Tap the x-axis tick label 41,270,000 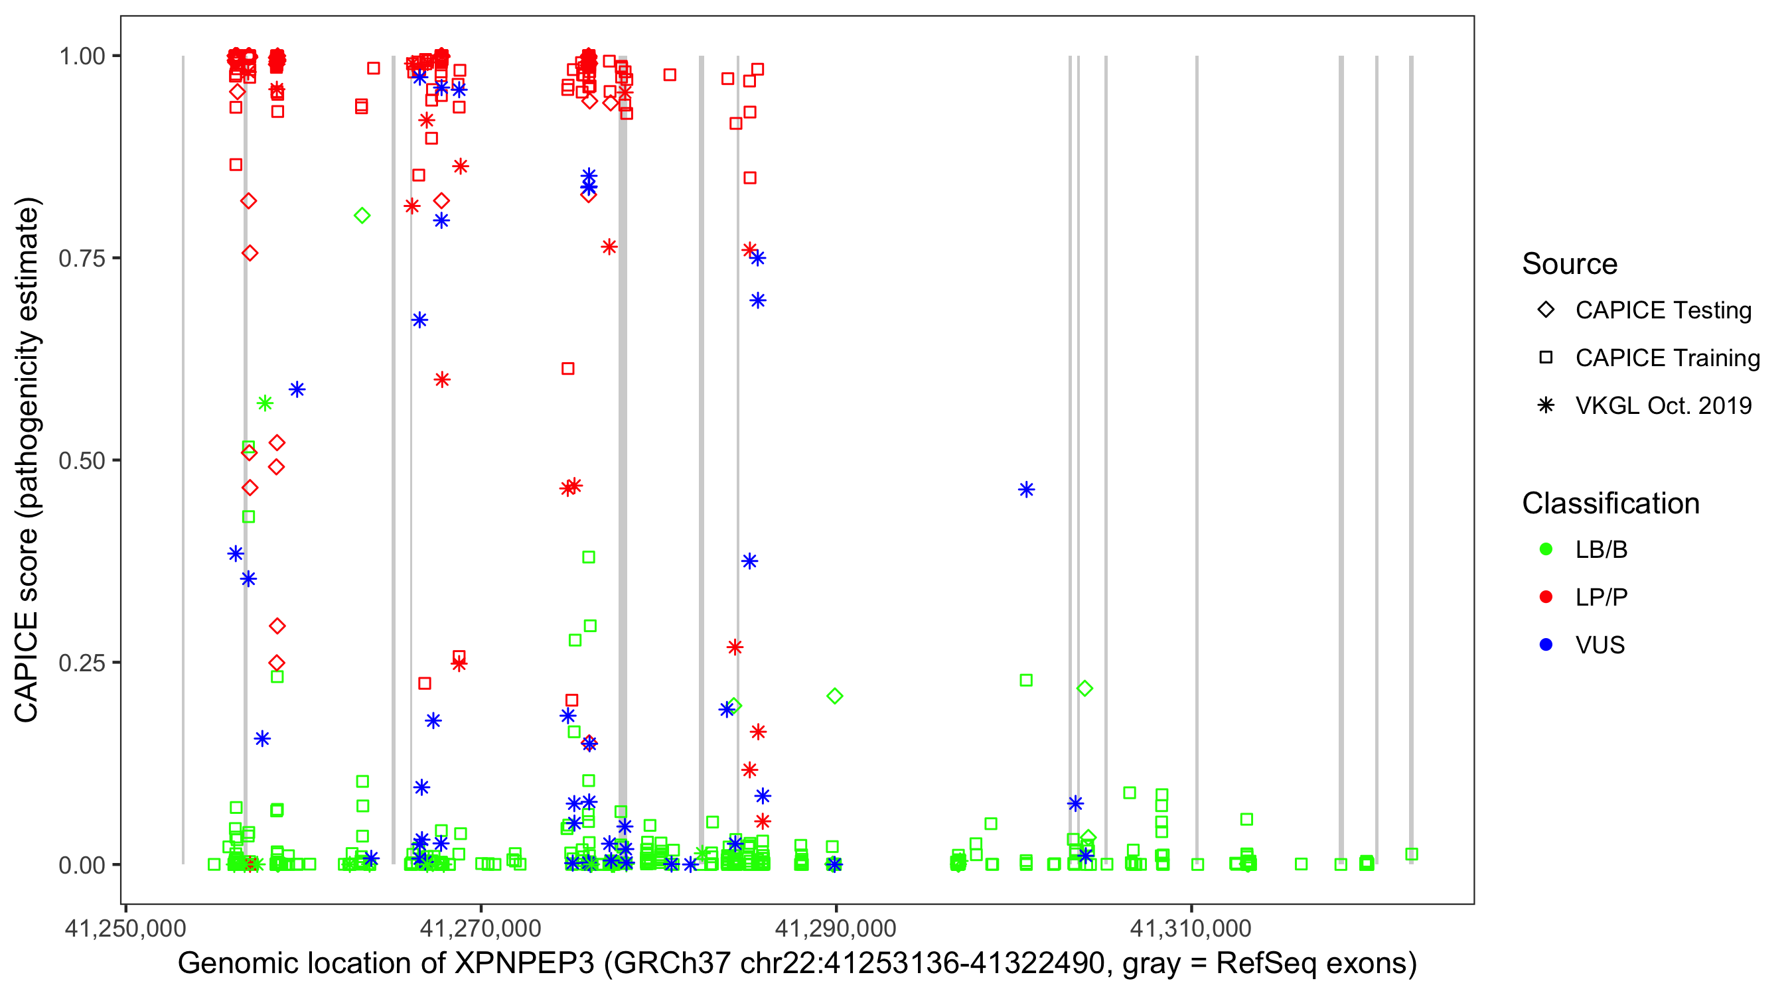tap(480, 928)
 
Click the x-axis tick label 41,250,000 tap(125, 928)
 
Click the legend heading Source tap(1570, 264)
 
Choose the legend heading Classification tap(1610, 503)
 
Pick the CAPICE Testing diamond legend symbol tap(1546, 310)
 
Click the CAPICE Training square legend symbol tap(1546, 358)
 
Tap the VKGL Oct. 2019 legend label tap(1663, 405)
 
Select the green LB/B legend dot tap(1546, 549)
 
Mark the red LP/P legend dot tap(1546, 597)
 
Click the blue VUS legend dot tap(1546, 645)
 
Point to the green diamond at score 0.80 tap(362, 216)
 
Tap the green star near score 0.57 tap(264, 403)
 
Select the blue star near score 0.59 tap(297, 389)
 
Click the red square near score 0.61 tap(567, 369)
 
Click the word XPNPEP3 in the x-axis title tap(524, 964)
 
